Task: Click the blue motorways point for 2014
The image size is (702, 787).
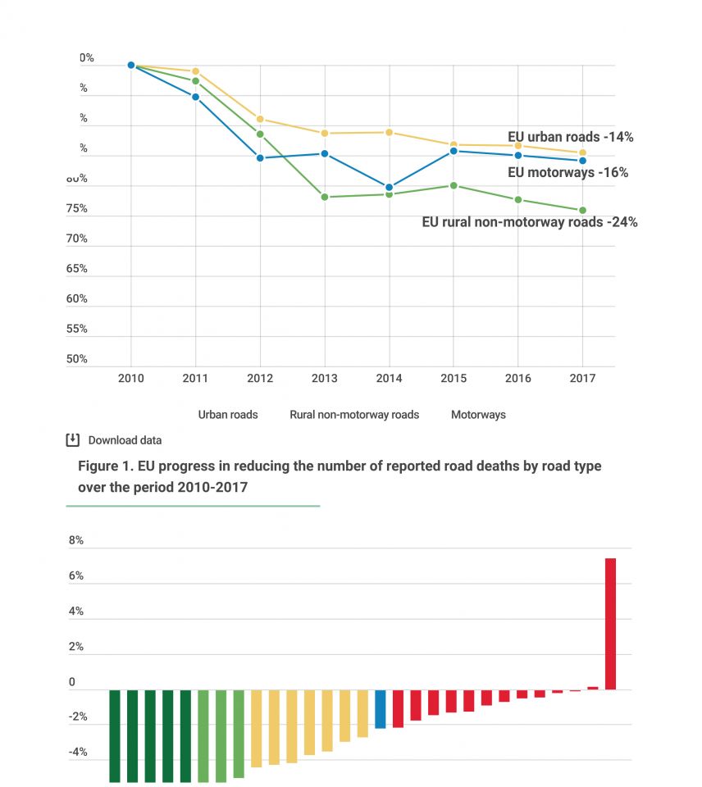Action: coord(389,188)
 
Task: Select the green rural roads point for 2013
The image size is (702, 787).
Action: coord(325,197)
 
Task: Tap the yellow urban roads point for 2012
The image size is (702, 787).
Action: coord(260,119)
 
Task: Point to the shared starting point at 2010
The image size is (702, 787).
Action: coord(131,66)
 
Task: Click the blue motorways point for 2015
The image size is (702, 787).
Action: coord(454,151)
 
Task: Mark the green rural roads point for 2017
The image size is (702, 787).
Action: coord(582,211)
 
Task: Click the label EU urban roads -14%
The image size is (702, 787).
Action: coord(570,137)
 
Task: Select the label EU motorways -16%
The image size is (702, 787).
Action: coord(568,172)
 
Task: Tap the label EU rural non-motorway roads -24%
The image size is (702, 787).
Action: coord(529,221)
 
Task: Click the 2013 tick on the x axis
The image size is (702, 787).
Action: coord(325,379)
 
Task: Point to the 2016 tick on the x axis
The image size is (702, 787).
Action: coord(517,379)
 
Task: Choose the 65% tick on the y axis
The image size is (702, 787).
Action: coord(76,269)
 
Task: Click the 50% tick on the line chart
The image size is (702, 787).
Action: coord(76,359)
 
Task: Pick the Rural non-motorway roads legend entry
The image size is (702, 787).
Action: coord(354,415)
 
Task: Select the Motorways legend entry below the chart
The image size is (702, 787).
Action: coord(478,415)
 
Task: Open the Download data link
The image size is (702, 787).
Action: coord(125,440)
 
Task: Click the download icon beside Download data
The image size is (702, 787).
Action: coord(73,440)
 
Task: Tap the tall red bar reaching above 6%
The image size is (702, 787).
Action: coord(610,623)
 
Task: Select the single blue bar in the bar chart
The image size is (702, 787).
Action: coord(381,709)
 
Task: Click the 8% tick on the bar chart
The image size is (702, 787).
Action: coord(75,541)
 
